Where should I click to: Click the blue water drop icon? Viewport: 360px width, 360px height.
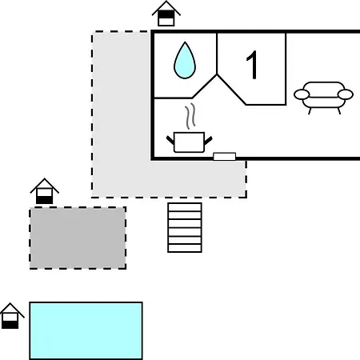tap(185, 62)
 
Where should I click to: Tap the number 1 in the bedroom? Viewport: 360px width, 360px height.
tap(252, 65)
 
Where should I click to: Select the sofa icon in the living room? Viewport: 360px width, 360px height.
tap(323, 98)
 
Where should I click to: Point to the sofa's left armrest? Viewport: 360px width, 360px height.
tap(302, 94)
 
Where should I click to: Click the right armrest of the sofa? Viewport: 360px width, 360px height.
tap(346, 94)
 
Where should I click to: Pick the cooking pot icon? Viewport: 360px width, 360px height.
tap(189, 142)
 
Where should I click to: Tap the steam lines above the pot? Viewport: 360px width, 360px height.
tap(190, 116)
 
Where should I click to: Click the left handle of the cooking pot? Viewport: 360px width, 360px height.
tap(170, 141)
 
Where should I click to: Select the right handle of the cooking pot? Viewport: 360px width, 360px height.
tap(208, 141)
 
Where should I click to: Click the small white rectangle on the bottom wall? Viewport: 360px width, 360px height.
tap(225, 157)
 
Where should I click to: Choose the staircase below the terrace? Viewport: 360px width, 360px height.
tap(185, 227)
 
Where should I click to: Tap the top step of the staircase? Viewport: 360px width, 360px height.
tap(185, 207)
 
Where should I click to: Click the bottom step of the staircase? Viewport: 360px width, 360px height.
tap(185, 248)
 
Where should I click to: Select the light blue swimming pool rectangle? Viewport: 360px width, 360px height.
tap(86, 330)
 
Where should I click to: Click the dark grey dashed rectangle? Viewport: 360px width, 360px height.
tap(78, 238)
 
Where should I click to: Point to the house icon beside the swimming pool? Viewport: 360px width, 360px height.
tap(10, 316)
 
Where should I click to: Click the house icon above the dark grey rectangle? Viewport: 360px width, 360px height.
tap(45, 191)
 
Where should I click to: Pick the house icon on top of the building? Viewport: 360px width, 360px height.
tap(166, 14)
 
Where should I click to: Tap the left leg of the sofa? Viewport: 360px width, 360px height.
tap(310, 111)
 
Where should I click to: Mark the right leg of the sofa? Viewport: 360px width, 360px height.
tap(339, 111)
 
